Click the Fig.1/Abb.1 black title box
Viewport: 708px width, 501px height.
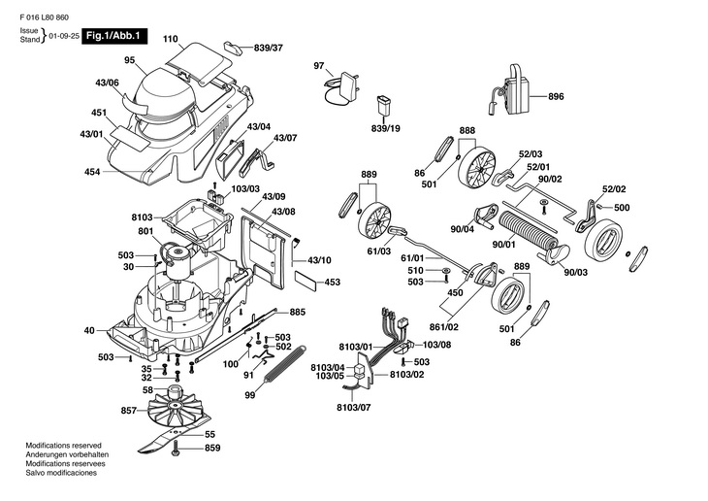tap(114, 36)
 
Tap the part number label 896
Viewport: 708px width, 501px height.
tap(556, 96)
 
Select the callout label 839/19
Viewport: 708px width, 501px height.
tap(386, 128)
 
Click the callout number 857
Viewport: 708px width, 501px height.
tap(129, 411)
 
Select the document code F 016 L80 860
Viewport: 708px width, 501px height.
tap(45, 17)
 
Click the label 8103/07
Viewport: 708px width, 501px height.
tap(354, 408)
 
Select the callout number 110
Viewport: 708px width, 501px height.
tap(171, 39)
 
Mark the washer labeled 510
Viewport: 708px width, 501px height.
tap(446, 271)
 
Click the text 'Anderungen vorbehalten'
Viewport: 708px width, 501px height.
tap(67, 454)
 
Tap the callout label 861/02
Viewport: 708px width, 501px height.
tap(445, 326)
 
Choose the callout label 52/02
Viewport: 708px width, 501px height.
tap(614, 189)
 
